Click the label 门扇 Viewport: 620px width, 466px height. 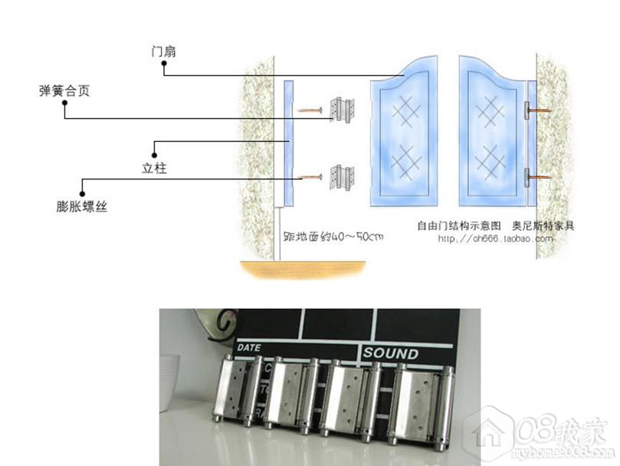tap(165, 53)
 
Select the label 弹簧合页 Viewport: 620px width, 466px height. tap(64, 91)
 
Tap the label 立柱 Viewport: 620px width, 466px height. tap(154, 168)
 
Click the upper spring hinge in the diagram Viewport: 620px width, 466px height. tap(342, 110)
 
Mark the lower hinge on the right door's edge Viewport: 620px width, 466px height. tap(527, 179)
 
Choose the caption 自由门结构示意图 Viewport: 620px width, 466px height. tap(458, 226)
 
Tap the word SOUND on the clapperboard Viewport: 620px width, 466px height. tap(391, 353)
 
